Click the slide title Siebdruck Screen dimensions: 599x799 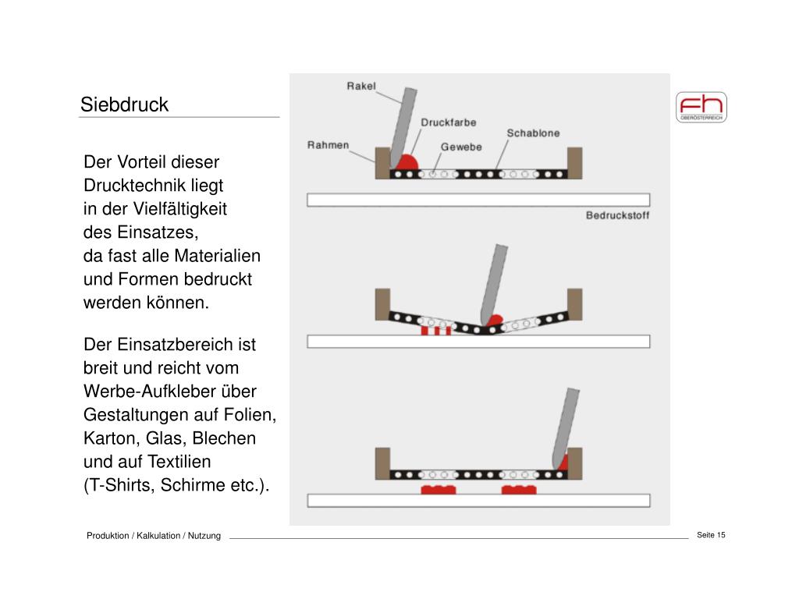pos(125,105)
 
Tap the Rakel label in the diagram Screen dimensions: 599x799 pos(361,86)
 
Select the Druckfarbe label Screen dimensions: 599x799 pos(449,122)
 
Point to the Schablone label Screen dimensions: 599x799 pos(533,133)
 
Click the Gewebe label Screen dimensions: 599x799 pos(461,147)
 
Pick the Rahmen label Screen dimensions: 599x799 pos(328,145)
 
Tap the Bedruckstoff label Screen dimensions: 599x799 pos(617,215)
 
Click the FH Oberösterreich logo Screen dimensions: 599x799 pos(701,107)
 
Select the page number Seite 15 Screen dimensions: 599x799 pos(711,534)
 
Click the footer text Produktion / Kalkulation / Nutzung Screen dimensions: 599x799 pos(154,535)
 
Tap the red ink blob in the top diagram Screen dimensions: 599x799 pos(406,163)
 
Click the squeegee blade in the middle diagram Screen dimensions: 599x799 pos(494,281)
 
